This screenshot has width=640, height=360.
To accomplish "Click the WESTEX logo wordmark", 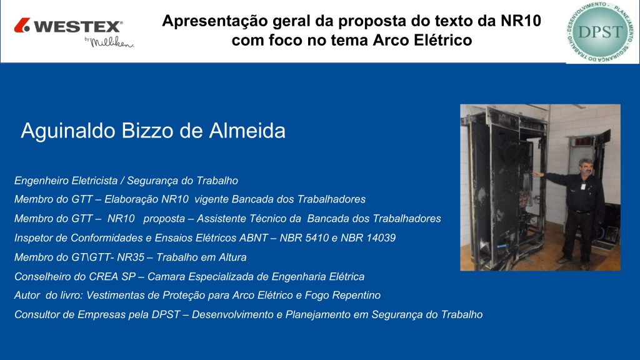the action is [x=78, y=26].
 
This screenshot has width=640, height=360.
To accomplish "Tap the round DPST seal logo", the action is [x=600, y=32].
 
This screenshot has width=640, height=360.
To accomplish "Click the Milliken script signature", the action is [x=111, y=42].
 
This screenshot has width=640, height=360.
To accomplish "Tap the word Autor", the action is [x=27, y=296].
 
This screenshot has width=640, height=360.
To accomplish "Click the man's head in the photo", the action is [x=586, y=167].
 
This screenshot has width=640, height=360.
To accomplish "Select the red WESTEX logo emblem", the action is [x=22, y=25].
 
